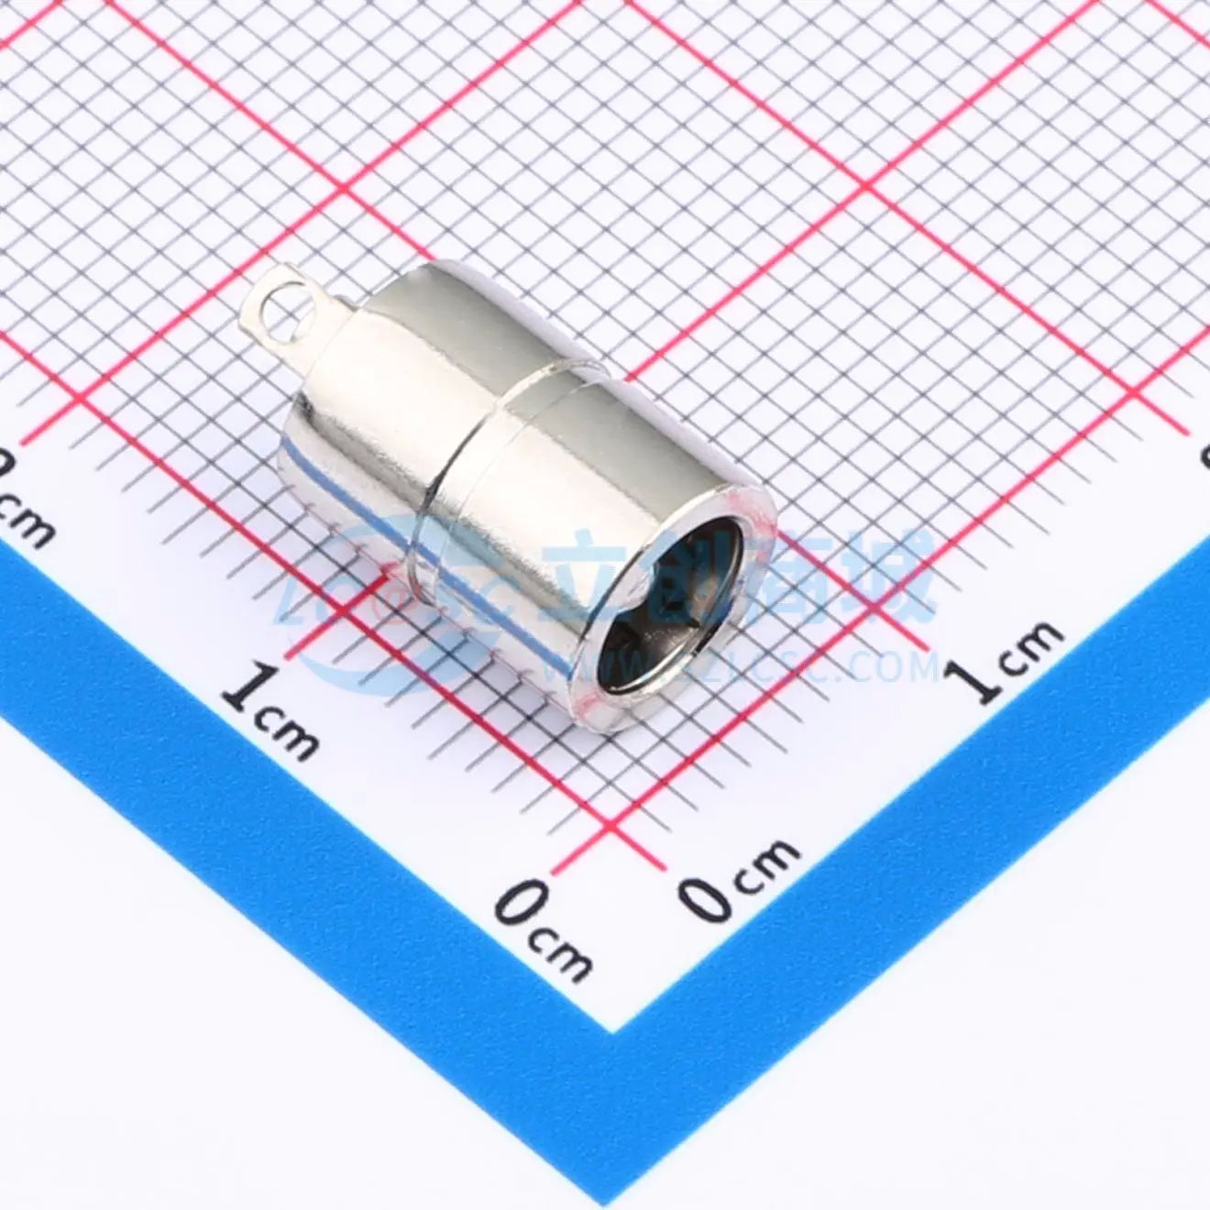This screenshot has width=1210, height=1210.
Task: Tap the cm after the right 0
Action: point(770,862)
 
